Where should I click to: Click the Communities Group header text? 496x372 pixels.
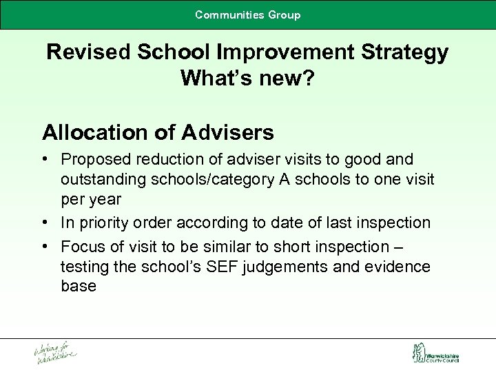click(x=248, y=14)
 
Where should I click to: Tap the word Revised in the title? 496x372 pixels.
click(x=89, y=52)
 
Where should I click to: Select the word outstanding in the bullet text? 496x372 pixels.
click(x=103, y=179)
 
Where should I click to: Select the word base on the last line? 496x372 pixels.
click(x=79, y=286)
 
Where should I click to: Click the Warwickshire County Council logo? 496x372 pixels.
click(x=435, y=353)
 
